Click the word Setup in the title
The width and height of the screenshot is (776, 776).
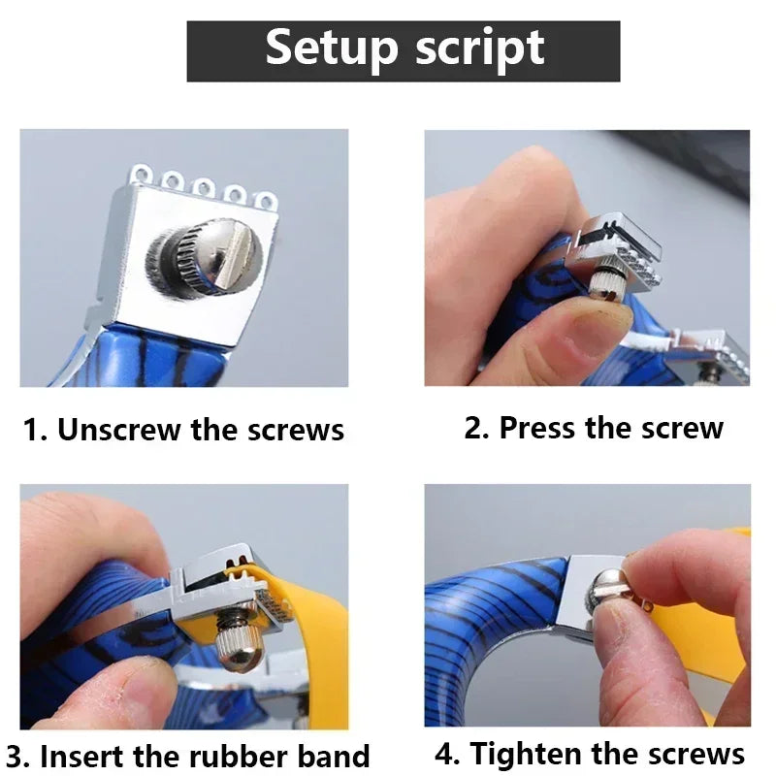coord(332,48)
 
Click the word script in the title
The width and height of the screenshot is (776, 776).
coord(480,48)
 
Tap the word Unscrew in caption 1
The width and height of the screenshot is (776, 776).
coord(119,429)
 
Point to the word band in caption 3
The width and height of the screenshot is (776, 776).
coord(333,756)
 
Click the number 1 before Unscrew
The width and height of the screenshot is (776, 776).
coord(32,429)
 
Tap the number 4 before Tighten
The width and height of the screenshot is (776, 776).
coord(444,754)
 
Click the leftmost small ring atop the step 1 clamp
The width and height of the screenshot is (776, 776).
coord(141,175)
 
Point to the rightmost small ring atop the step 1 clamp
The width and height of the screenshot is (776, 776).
coord(266,202)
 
